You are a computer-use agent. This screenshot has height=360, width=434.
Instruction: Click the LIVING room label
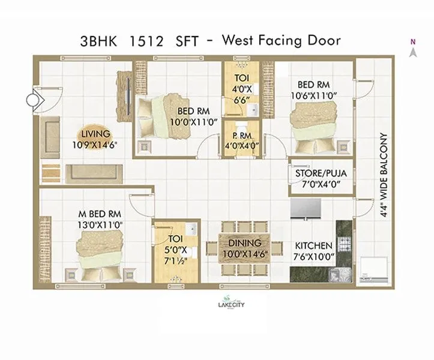point(96,134)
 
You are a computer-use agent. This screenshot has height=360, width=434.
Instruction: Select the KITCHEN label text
point(313,245)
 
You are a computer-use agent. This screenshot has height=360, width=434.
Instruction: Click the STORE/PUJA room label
point(321,174)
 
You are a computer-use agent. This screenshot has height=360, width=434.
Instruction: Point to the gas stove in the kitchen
point(345,244)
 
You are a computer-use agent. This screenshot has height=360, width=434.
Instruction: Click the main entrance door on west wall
point(42,99)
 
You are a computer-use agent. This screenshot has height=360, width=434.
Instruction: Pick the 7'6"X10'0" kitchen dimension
point(312,256)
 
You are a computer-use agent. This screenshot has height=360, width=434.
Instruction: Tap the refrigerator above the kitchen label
point(308,209)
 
